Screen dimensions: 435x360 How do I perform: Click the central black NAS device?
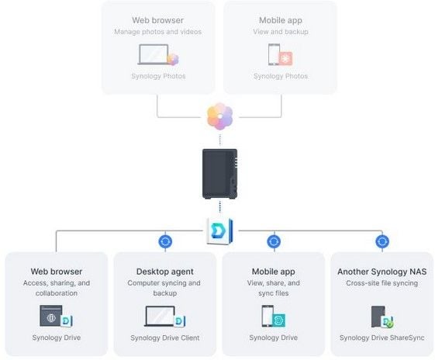click(219, 174)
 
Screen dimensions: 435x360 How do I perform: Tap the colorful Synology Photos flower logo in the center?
click(219, 116)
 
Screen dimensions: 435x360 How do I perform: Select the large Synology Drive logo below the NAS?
click(219, 231)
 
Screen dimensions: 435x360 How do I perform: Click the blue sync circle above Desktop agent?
click(165, 241)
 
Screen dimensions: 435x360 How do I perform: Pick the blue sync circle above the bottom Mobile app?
click(274, 241)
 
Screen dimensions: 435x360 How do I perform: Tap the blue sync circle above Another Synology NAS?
click(382, 241)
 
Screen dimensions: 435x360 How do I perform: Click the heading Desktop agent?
click(165, 272)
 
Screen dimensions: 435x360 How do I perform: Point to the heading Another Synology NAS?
click(382, 272)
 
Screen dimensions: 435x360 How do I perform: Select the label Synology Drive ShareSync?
click(381, 337)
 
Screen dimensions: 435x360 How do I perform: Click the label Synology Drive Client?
click(165, 337)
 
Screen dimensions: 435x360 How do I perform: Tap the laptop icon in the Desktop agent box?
click(160, 316)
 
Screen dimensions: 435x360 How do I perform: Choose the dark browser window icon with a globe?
click(51, 316)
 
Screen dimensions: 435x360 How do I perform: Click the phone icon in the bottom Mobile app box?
click(268, 316)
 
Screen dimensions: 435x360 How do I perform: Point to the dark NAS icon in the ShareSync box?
click(378, 317)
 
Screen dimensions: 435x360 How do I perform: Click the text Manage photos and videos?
click(158, 32)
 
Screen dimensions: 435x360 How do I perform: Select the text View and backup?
click(281, 32)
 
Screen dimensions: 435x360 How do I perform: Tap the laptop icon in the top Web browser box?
click(154, 54)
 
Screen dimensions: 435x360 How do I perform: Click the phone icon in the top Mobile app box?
click(274, 54)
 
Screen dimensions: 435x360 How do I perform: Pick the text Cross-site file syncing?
click(381, 283)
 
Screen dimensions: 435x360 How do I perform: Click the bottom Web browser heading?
click(57, 272)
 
